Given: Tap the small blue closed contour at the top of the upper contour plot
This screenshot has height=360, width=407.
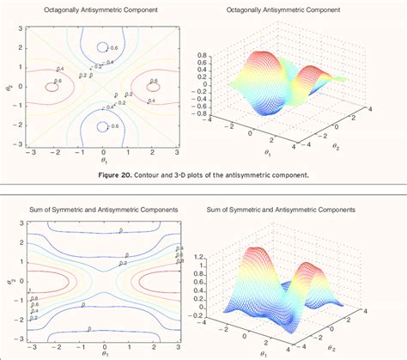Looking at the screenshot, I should pos(102,46).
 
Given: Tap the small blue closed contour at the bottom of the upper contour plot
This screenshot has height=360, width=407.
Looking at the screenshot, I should pos(102,125).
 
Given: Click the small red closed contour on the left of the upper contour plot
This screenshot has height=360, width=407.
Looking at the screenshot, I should pos(52,86).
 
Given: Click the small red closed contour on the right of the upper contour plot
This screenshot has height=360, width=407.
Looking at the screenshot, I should pos(153,86).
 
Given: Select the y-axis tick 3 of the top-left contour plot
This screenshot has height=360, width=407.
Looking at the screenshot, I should pos(19,27).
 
